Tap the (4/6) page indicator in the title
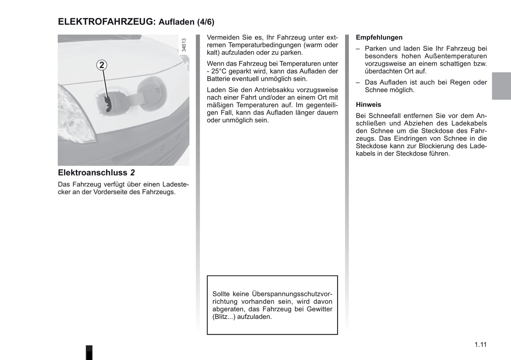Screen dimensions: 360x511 (205, 22)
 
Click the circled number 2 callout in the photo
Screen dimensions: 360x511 (102, 65)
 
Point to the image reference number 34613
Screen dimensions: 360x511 (184, 45)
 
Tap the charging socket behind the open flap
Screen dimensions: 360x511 (108, 102)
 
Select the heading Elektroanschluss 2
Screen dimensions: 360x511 (96, 173)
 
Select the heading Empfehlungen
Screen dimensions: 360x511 (379, 37)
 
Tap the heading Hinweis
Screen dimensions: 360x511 (368, 105)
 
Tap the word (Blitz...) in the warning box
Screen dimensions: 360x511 (224, 317)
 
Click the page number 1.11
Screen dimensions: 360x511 (481, 344)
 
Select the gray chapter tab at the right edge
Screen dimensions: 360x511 (501, 86)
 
